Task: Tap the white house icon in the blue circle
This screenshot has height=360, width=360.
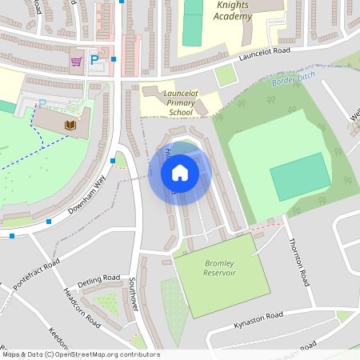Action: click(180, 172)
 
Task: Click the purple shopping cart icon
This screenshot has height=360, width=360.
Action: click(77, 61)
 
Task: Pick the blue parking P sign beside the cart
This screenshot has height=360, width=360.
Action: click(94, 60)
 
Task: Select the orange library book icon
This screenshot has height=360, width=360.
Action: click(70, 125)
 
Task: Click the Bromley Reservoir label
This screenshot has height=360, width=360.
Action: click(220, 268)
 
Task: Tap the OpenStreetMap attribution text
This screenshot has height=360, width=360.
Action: click(81, 354)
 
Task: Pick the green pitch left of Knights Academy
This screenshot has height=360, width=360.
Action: click(192, 24)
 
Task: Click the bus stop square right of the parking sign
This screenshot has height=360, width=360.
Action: click(114, 58)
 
